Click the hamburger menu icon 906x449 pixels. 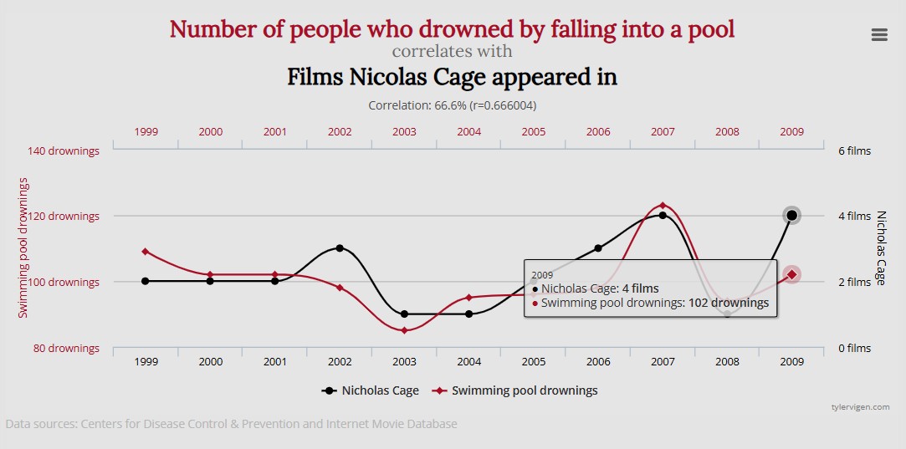click(878, 34)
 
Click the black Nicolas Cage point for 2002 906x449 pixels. click(340, 247)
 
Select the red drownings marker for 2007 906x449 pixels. click(663, 205)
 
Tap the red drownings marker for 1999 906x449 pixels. click(146, 251)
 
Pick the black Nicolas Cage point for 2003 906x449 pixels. click(404, 314)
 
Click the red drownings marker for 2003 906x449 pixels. click(404, 330)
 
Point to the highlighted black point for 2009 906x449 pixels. click(791, 215)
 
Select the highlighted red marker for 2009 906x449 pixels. click(791, 274)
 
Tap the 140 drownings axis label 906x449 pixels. click(64, 151)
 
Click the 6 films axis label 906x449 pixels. click(854, 151)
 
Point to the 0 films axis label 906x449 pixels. click(854, 348)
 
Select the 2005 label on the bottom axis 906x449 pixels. click(533, 362)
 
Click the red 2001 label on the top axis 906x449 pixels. click(274, 131)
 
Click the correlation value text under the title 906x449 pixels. click(453, 105)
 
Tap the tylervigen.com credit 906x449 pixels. click(861, 406)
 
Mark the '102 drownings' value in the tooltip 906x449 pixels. click(728, 303)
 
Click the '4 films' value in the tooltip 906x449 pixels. click(640, 288)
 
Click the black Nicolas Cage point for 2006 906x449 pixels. click(598, 247)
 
